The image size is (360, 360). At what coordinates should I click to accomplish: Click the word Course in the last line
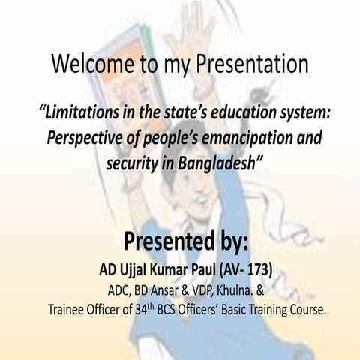307,308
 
